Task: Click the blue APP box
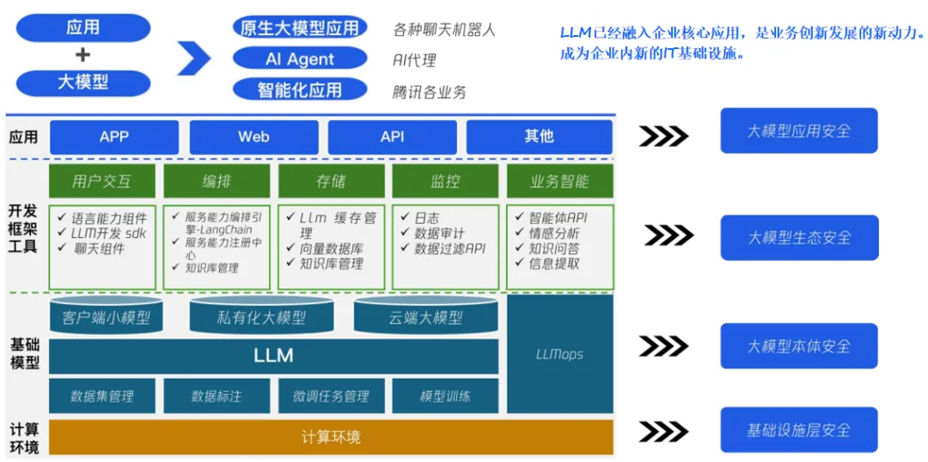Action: pyautogui.click(x=114, y=137)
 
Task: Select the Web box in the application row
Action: pyautogui.click(x=253, y=137)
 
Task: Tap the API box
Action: pyautogui.click(x=392, y=137)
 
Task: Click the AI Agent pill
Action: pyautogui.click(x=300, y=59)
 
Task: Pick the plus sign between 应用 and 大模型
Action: pyautogui.click(x=82, y=56)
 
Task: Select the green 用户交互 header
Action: pyautogui.click(x=102, y=181)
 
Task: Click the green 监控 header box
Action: pyautogui.click(x=445, y=181)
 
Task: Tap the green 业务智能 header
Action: pyautogui.click(x=559, y=181)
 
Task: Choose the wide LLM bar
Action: pyautogui.click(x=273, y=356)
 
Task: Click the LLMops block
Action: pyautogui.click(x=559, y=354)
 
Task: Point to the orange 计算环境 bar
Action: pyautogui.click(x=331, y=437)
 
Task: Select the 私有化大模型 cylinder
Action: pyautogui.click(x=261, y=318)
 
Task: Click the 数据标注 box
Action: pyautogui.click(x=217, y=396)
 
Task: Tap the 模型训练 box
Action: pyautogui.click(x=445, y=396)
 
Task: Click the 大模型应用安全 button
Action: pyautogui.click(x=798, y=131)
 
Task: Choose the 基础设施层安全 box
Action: pyautogui.click(x=798, y=430)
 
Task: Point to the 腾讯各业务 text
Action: pyautogui.click(x=429, y=92)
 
